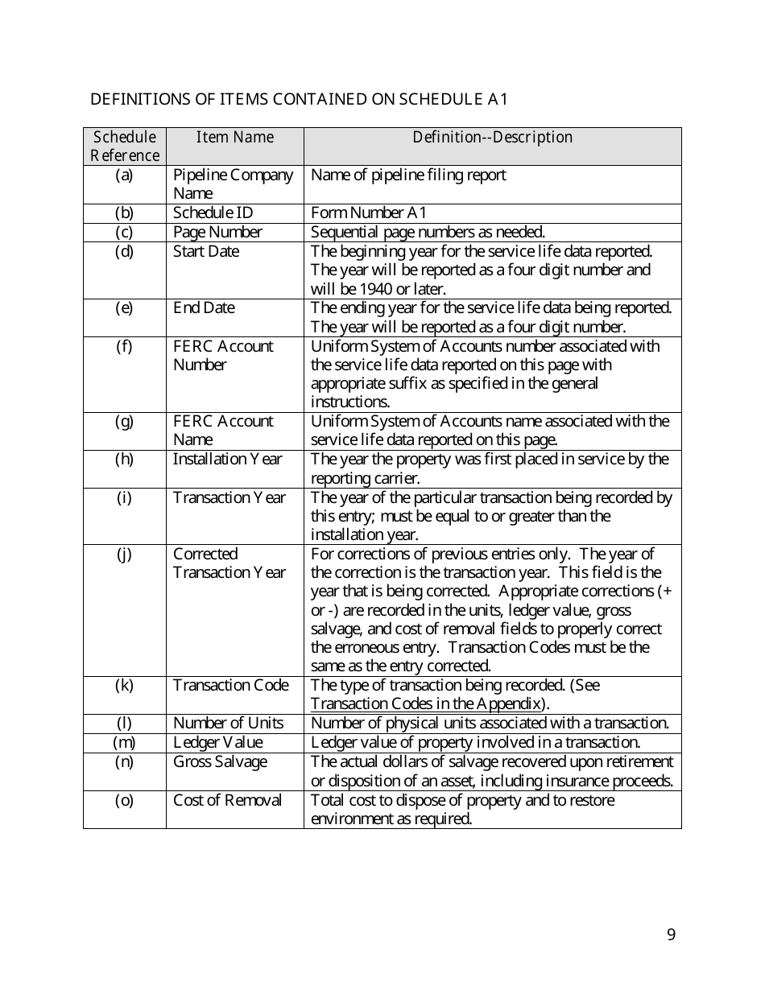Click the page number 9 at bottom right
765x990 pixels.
point(672,934)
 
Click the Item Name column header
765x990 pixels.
point(235,137)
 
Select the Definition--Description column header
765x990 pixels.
point(492,137)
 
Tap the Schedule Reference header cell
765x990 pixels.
point(125,146)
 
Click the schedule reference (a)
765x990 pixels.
point(125,175)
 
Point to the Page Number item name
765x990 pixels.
point(217,232)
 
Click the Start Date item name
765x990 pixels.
point(206,251)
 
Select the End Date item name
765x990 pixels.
point(204,307)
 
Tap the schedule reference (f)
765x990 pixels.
point(125,346)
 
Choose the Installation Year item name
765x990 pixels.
point(227,459)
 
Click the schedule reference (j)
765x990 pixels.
point(125,554)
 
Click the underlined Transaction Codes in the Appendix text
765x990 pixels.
point(425,703)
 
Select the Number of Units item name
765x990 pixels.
point(228,723)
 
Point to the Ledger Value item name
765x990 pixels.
point(217,742)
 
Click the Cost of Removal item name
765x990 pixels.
point(227,800)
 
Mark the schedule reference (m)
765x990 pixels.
point(125,742)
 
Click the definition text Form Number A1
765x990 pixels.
point(369,212)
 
